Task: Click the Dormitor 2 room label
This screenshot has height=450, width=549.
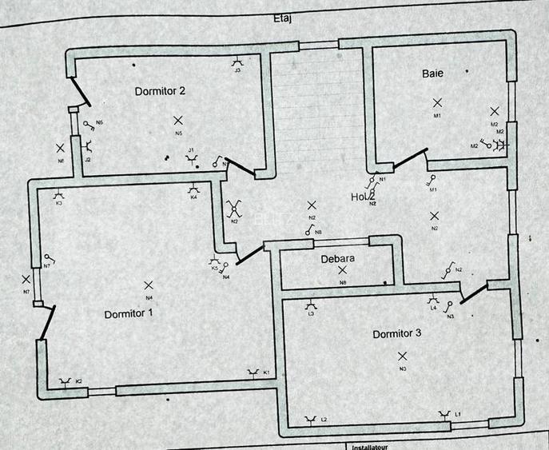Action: [x=160, y=91]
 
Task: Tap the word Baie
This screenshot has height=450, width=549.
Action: [x=432, y=74]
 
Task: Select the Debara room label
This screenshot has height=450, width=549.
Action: [x=337, y=259]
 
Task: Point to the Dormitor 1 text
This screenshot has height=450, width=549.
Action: [x=129, y=313]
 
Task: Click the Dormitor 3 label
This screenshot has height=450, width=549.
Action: [x=396, y=333]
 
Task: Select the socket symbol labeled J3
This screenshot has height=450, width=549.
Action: [x=237, y=62]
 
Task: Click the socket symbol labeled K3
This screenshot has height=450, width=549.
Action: [x=58, y=194]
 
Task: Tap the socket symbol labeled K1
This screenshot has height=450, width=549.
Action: [x=254, y=372]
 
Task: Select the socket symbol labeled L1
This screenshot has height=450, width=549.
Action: [x=444, y=414]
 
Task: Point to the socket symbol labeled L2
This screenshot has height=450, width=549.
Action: [x=312, y=418]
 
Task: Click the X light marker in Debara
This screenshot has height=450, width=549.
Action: [x=342, y=271]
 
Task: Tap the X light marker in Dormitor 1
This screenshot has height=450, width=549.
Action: [x=148, y=285]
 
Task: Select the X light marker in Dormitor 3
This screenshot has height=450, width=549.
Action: [x=402, y=356]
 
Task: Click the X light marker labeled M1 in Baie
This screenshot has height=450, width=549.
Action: [x=437, y=102]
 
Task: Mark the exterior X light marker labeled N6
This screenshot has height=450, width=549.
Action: [x=61, y=148]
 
